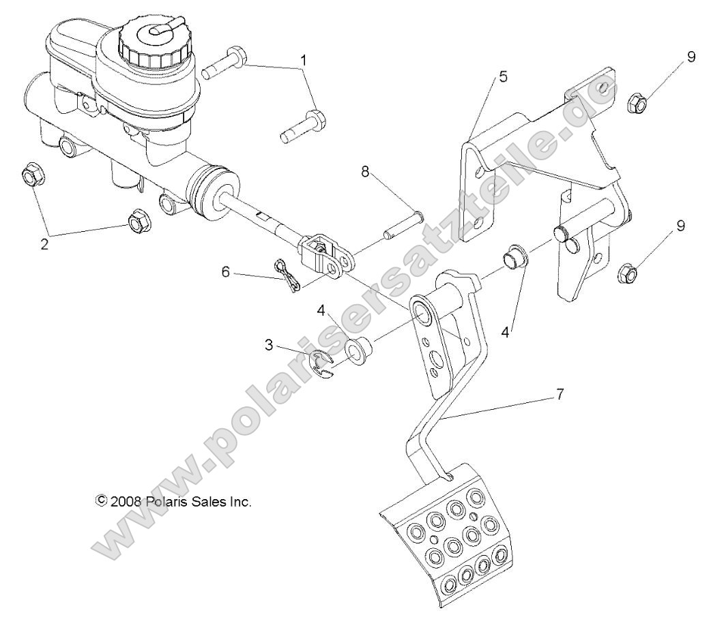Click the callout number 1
point(304,60)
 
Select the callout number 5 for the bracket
point(502,76)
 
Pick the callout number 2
point(45,244)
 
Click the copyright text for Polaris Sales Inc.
point(174,501)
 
